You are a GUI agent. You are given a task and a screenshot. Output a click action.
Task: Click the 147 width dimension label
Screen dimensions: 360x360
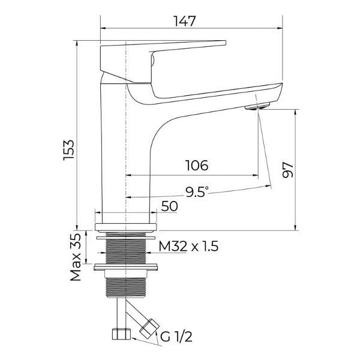185,21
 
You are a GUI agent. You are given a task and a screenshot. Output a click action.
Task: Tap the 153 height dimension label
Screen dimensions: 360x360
68,150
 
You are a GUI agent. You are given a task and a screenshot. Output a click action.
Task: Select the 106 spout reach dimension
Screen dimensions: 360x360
197,166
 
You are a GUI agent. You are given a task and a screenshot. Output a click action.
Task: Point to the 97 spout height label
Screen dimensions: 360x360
287,170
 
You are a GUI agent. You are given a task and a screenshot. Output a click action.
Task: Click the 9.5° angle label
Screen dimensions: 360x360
197,192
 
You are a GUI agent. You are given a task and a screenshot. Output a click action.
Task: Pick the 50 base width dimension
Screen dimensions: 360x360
169,206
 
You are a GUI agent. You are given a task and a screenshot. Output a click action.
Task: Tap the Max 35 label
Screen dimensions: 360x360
76,257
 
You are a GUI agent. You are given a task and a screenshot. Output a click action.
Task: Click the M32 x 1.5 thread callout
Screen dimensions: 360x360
188,247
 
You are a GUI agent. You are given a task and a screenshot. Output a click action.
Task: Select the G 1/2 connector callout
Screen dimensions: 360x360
176,337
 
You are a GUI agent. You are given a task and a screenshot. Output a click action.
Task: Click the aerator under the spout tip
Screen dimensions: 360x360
257,107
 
